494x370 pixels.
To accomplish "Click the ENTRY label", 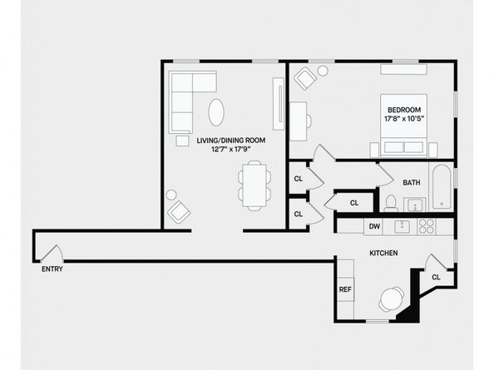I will [x=52, y=269].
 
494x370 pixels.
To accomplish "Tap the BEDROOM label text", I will [x=403, y=110].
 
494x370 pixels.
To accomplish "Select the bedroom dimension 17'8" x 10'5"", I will [x=403, y=120].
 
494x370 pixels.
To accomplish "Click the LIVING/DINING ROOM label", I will [x=231, y=141].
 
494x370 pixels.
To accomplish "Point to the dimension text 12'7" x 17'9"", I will [x=231, y=150].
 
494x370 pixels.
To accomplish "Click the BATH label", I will [x=412, y=183].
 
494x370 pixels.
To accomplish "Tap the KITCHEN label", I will [x=383, y=253].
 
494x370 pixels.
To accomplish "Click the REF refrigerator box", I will [x=345, y=289].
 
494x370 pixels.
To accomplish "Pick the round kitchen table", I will [x=390, y=298].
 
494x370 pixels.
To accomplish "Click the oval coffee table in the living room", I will [x=215, y=111].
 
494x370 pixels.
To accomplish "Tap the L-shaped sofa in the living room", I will [x=187, y=96].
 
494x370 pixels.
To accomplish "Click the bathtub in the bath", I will [x=442, y=187].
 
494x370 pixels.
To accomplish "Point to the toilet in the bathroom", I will [x=390, y=202].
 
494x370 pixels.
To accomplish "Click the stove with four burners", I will [x=427, y=225].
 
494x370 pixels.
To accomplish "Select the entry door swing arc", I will [x=52, y=251].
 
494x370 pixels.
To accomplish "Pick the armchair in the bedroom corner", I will [x=304, y=79].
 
